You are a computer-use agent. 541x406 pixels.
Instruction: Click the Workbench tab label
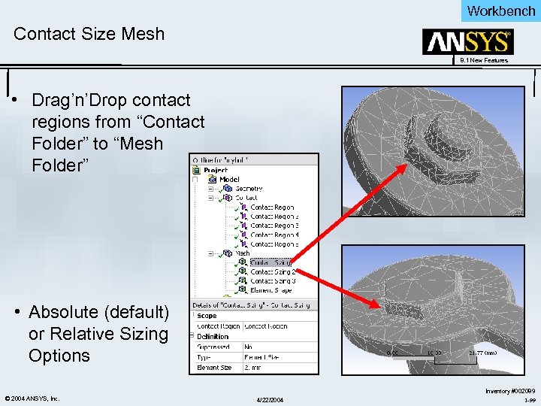pos(501,11)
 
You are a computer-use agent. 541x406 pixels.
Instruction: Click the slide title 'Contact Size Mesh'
pos(89,34)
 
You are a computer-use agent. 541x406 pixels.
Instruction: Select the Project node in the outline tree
pos(214,170)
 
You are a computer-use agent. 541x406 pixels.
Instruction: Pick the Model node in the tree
pos(229,179)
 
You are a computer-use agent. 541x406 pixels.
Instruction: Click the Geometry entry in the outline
pos(249,189)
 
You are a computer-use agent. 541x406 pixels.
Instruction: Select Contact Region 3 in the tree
pos(274,226)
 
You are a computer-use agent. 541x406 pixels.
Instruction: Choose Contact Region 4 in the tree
pos(274,235)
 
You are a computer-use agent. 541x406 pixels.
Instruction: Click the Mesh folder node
pos(243,253)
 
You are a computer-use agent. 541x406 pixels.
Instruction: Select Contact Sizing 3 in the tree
pos(273,281)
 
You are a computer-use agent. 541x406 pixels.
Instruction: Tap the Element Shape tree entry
pos(273,290)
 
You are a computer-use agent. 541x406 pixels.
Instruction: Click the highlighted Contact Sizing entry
pos(272,262)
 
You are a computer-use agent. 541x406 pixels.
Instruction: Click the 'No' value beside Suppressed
pos(248,347)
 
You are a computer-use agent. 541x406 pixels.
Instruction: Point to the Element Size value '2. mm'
pos(254,368)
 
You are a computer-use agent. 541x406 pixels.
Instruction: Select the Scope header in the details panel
pos(207,316)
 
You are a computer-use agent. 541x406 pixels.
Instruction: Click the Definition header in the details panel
pos(213,337)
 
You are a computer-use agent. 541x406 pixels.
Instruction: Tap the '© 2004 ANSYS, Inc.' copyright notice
pos(31,398)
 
